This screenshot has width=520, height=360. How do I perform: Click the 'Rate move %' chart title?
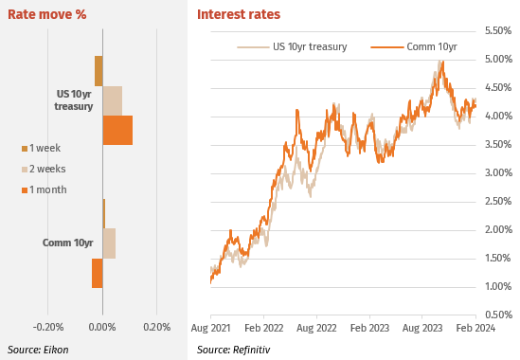click(x=47, y=14)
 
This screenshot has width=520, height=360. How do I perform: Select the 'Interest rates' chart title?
click(x=239, y=14)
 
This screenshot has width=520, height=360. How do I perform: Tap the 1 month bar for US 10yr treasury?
click(x=117, y=130)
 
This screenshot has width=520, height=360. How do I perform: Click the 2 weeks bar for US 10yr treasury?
click(x=113, y=100)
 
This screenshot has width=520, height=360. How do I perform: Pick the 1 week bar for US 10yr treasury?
click(x=99, y=71)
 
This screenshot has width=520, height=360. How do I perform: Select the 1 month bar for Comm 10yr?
click(x=98, y=273)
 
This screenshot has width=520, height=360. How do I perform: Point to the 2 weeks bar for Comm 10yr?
click(x=109, y=243)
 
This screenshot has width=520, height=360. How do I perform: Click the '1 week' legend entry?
click(x=41, y=148)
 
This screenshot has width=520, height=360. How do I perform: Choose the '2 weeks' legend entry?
click(x=44, y=169)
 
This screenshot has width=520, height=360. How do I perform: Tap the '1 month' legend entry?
click(x=45, y=189)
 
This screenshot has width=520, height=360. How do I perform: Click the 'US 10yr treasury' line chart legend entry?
click(x=292, y=46)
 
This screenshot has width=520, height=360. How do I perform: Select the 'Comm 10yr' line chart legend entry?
click(x=414, y=46)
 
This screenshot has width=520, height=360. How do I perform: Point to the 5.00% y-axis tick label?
click(x=498, y=59)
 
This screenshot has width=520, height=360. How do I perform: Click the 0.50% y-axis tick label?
click(x=498, y=315)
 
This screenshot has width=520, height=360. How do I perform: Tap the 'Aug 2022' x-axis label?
click(x=316, y=328)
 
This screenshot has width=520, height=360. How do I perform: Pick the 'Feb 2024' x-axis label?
click(x=475, y=328)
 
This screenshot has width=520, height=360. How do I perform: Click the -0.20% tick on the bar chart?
click(x=48, y=327)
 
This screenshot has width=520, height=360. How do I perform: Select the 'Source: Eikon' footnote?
click(x=38, y=350)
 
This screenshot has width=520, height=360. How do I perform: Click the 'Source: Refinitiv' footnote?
click(x=233, y=350)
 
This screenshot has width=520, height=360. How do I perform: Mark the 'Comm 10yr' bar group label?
click(x=67, y=243)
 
